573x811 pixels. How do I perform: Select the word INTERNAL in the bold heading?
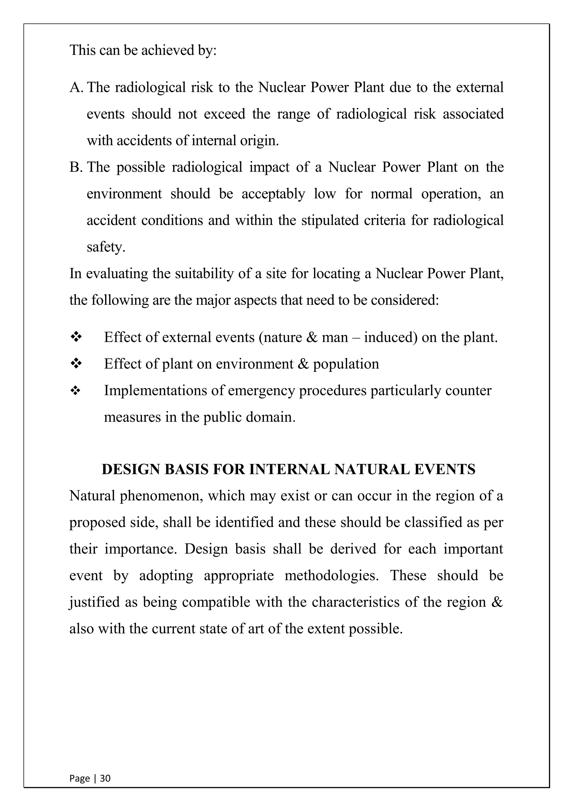pos(289,469)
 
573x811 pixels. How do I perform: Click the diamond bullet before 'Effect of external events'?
pos(76,337)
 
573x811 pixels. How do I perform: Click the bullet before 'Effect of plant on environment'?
pos(76,364)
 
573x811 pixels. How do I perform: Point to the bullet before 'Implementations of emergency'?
pos(76,391)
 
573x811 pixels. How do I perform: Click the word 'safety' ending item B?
pos(105,247)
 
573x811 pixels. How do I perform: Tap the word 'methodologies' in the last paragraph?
pos(331,576)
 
